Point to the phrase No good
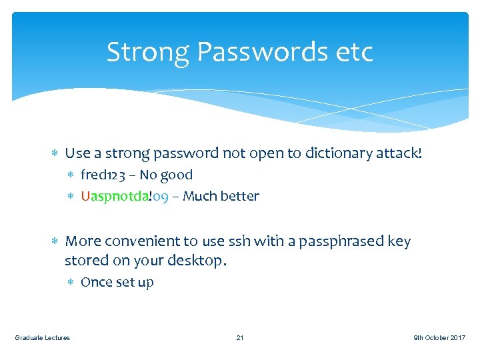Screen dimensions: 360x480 (x=166, y=175)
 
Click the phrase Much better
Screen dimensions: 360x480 (x=221, y=197)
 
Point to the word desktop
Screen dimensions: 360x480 (x=192, y=261)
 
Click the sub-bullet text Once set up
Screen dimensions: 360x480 (x=117, y=283)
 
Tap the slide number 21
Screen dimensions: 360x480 (x=240, y=338)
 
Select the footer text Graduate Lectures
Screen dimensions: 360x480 (x=42, y=338)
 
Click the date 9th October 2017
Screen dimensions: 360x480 (x=439, y=338)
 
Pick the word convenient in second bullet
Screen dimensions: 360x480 (x=149, y=241)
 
